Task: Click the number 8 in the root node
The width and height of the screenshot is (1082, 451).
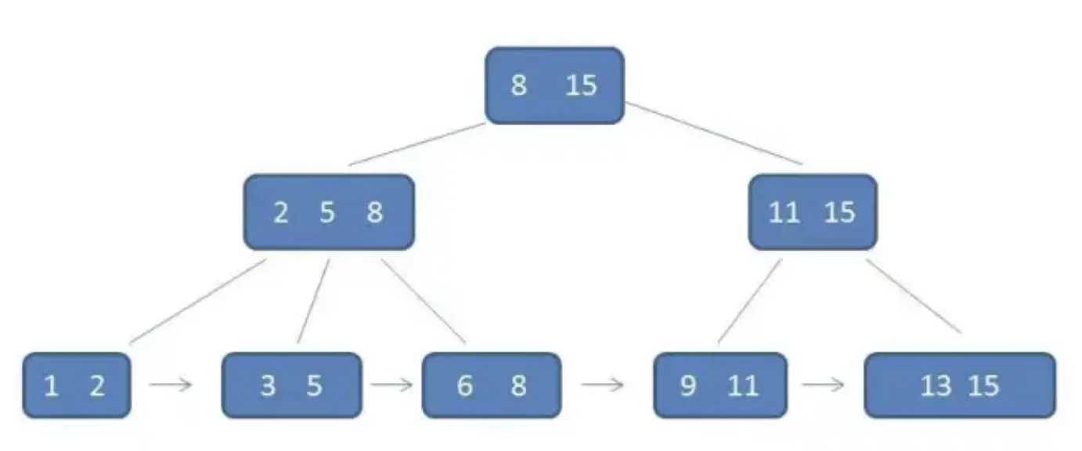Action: [518, 85]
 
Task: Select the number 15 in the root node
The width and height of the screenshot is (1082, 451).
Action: [581, 85]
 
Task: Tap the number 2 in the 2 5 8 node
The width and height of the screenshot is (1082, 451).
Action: [280, 212]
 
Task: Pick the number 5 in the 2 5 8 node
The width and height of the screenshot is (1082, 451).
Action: [327, 212]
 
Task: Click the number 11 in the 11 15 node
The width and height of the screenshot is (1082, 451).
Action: [784, 212]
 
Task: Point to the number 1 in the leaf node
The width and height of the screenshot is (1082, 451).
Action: [51, 386]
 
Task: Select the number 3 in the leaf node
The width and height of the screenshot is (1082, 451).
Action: [268, 386]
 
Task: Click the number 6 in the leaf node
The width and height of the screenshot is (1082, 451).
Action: [465, 386]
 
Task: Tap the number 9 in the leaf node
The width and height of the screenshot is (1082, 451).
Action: [688, 386]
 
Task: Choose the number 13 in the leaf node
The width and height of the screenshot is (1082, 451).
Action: [936, 386]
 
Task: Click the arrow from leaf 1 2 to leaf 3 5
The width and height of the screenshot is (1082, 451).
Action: [171, 384]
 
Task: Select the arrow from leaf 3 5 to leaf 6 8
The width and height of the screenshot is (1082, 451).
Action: [391, 384]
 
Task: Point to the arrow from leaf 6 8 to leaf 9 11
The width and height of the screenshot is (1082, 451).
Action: [602, 384]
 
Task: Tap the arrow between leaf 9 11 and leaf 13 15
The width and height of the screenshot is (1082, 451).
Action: [824, 384]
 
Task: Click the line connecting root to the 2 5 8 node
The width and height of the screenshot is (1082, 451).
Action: [417, 144]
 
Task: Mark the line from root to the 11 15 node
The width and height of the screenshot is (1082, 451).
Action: [714, 134]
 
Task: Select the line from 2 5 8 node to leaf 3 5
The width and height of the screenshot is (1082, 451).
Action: [313, 301]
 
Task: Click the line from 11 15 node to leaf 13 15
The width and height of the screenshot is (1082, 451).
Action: [914, 296]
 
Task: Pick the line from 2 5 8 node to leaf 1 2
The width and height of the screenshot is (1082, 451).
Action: [197, 301]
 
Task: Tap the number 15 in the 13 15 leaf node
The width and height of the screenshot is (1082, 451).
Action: [984, 386]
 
